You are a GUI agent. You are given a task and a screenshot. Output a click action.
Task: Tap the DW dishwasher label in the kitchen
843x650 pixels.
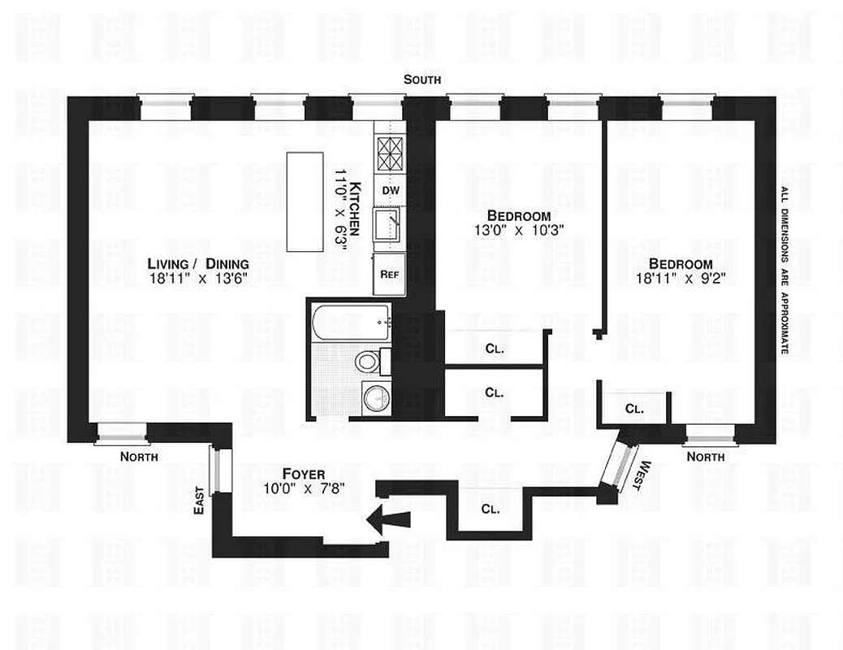[x=390, y=189]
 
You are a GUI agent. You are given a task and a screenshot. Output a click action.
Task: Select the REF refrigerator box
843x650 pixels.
[x=389, y=275]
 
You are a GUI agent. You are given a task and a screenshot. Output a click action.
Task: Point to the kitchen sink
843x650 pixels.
[x=388, y=225]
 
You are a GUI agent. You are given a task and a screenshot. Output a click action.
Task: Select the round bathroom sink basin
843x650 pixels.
[x=375, y=399]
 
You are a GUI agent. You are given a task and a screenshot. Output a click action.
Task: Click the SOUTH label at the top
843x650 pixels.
[x=422, y=80]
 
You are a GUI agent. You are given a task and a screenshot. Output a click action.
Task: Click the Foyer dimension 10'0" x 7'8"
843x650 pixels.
[x=304, y=488]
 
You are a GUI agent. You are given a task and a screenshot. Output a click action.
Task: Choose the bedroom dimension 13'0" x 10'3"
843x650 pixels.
[x=519, y=229]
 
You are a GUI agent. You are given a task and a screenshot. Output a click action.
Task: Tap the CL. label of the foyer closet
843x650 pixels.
[x=490, y=509]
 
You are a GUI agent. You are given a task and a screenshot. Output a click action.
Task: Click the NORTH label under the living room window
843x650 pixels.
[x=139, y=457]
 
